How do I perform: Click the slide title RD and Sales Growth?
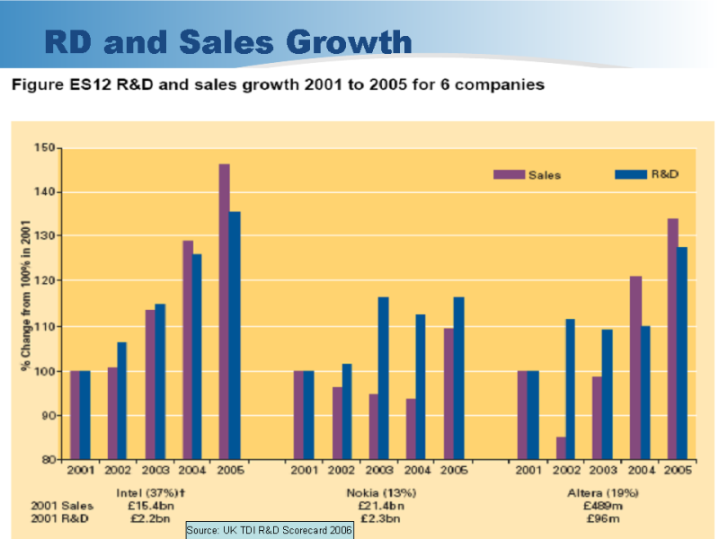tap(228, 42)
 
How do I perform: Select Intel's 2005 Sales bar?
tap(224, 311)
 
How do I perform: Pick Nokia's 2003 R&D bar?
tap(383, 377)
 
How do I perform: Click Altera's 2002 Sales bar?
tap(561, 447)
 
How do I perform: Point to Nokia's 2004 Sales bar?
tap(411, 429)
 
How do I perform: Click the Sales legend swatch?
tap(508, 174)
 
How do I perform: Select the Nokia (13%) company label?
tap(379, 493)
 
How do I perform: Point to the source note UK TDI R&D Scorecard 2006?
tap(270, 531)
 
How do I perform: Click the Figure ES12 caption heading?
tap(277, 85)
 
